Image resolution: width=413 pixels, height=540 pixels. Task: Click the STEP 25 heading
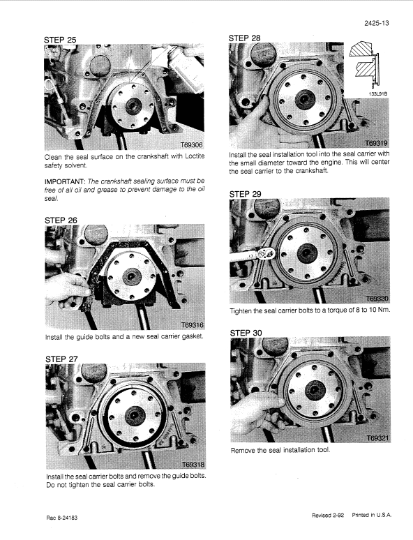(61, 39)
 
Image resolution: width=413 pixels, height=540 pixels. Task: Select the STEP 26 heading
(61, 218)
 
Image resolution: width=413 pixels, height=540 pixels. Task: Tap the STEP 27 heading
(61, 359)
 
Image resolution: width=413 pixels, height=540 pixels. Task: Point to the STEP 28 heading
(246, 35)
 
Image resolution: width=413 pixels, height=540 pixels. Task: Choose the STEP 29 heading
(246, 193)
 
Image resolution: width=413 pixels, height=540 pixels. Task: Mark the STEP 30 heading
(247, 333)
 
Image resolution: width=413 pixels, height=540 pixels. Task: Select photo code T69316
(190, 324)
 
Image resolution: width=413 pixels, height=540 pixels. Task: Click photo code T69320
(375, 298)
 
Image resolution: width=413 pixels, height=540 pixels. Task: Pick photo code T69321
(375, 438)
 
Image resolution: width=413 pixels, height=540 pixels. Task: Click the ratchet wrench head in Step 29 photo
(265, 254)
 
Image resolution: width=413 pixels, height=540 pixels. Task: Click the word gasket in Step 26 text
(191, 338)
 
